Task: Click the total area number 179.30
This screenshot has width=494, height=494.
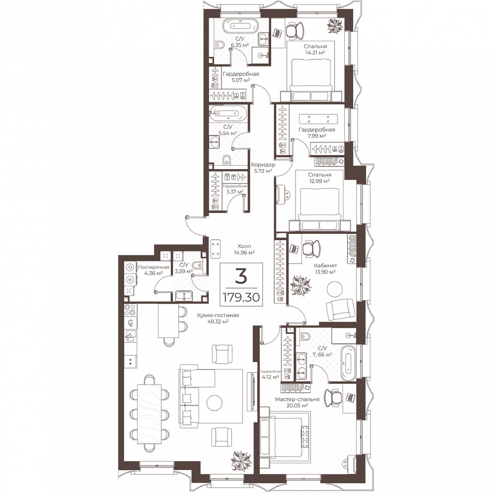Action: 241,297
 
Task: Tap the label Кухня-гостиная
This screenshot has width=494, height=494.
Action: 218,315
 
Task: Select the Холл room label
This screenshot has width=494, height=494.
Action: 244,246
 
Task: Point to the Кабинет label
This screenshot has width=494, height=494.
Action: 325,265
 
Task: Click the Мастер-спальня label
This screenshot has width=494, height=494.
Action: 297,399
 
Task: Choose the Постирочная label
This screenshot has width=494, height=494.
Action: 153,267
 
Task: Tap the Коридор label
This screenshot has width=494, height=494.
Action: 263,165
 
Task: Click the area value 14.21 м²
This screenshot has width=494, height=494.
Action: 315,52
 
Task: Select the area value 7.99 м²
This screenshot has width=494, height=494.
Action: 317,136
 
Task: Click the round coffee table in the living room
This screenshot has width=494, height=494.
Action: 215,403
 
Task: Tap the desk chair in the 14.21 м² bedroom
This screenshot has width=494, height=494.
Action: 295,31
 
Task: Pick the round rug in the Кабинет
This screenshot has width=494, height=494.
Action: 335,288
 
